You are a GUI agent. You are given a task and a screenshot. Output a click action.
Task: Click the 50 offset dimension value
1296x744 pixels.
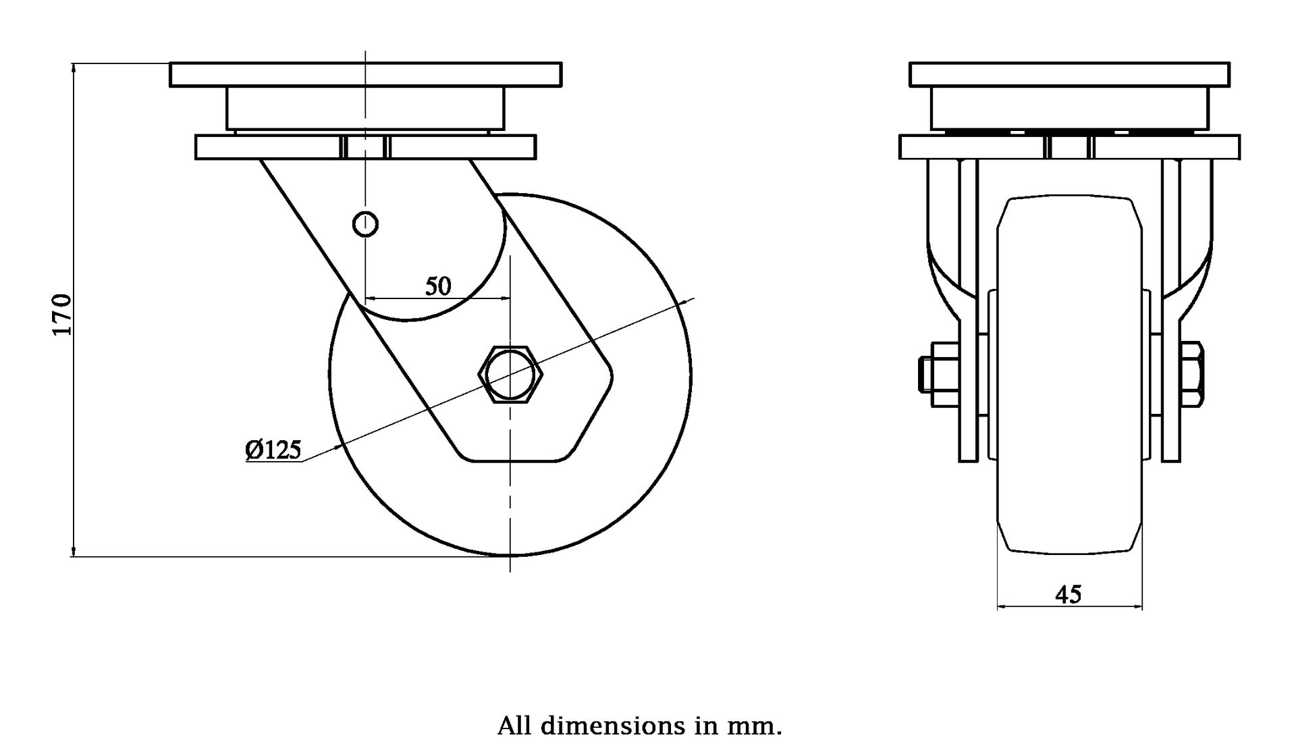[x=437, y=287]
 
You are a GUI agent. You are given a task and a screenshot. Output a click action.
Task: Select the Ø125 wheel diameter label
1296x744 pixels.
[x=273, y=450]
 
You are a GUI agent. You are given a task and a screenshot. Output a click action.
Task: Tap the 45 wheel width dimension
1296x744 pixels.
[x=1068, y=595]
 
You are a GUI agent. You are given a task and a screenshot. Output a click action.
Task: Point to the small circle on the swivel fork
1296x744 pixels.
[x=365, y=223]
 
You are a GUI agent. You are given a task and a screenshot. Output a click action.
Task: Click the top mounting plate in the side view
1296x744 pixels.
[x=364, y=74]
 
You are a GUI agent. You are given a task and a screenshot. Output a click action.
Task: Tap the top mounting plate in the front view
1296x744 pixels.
[x=1069, y=74]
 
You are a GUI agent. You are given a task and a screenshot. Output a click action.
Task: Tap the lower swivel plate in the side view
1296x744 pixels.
[x=270, y=147]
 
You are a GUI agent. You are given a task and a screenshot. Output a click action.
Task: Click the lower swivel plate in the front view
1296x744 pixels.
[x=972, y=147]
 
